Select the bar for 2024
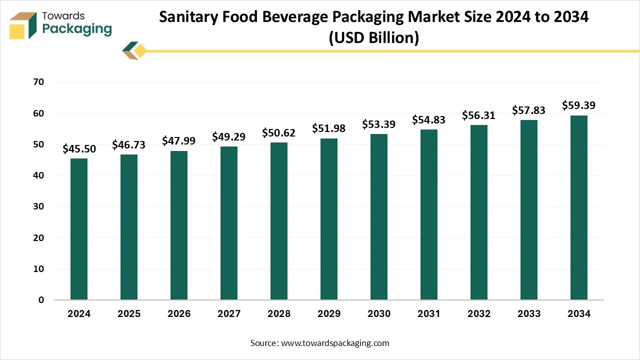tap(79, 229)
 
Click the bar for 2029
tap(329, 219)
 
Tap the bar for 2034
tap(579, 207)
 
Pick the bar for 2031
tap(429, 214)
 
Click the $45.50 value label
tap(79, 148)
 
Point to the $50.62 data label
tap(279, 133)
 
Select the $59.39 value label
tap(579, 105)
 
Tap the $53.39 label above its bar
tap(379, 124)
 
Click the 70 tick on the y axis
tap(38, 82)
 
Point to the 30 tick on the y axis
tap(38, 206)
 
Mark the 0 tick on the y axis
tap(41, 300)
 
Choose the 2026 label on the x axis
tap(179, 314)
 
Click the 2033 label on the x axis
tap(529, 314)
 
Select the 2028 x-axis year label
tap(279, 314)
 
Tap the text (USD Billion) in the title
tap(373, 37)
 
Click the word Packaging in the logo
tap(77, 29)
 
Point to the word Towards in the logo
tap(63, 16)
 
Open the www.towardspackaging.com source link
tap(335, 343)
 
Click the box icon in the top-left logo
tap(22, 25)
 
